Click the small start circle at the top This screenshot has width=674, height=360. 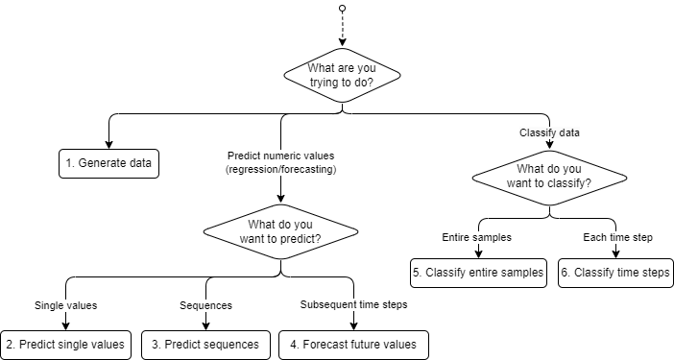pyautogui.click(x=342, y=9)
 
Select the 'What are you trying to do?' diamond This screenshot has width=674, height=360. pyautogui.click(x=343, y=76)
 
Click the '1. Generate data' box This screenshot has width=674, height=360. pyautogui.click(x=108, y=163)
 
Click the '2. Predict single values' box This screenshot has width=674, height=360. pyautogui.click(x=65, y=344)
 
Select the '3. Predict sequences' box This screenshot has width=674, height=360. pyautogui.click(x=205, y=344)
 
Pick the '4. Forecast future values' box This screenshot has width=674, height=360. pyautogui.click(x=353, y=344)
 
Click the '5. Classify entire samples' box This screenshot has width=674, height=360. pyautogui.click(x=478, y=273)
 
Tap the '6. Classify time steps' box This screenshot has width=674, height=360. pyautogui.click(x=614, y=273)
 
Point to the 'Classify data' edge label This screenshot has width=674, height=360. pyautogui.click(x=548, y=132)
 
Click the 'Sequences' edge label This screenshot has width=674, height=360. pyautogui.click(x=207, y=306)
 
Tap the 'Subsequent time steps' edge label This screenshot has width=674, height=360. pyautogui.click(x=353, y=306)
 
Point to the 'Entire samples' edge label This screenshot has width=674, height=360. pyautogui.click(x=477, y=237)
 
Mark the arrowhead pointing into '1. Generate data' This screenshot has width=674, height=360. pyautogui.click(x=108, y=144)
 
